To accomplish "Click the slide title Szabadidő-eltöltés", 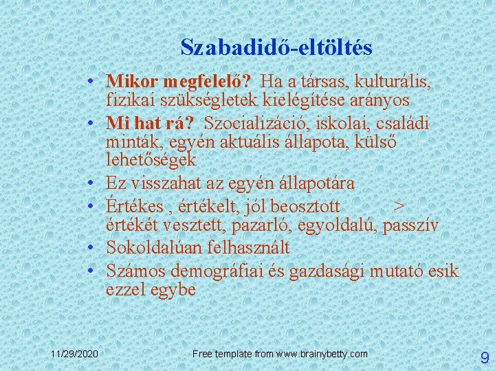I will point(276,47).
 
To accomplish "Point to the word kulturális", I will point(391,82).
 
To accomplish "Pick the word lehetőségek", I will point(151,160).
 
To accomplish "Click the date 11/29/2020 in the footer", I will point(74,353).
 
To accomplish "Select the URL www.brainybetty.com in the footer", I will point(322,353).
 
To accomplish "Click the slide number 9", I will point(484,357).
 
